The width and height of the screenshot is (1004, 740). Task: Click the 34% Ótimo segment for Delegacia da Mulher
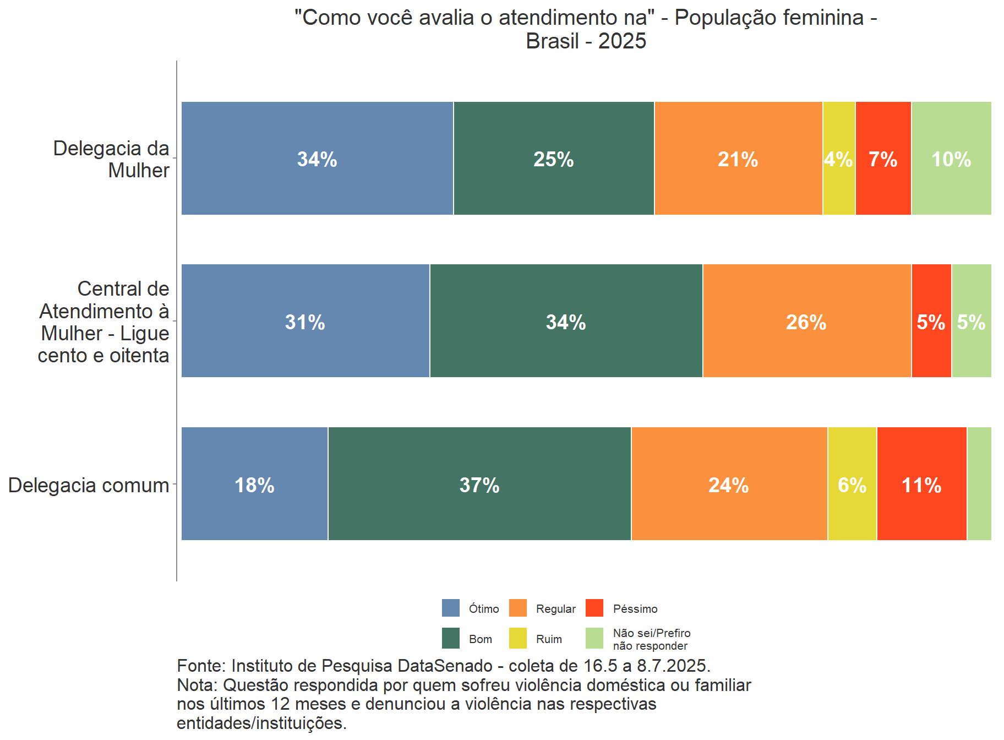pos(317,159)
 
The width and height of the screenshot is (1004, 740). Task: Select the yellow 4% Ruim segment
pos(839,159)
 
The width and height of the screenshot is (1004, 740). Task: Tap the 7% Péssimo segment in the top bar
pos(883,159)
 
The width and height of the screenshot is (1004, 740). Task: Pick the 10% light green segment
pos(951,159)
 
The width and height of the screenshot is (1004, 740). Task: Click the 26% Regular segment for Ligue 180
pos(806,321)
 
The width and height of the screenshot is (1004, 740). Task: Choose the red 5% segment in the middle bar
pos(931,321)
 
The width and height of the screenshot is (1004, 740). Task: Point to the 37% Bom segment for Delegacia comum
pos(479,484)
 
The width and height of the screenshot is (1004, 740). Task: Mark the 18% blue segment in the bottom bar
pos(254,484)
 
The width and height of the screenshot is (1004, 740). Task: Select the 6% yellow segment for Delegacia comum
pos(852,484)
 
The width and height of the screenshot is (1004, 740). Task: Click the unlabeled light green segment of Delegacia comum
pos(979,484)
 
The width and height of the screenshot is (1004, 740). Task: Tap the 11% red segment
pos(921,484)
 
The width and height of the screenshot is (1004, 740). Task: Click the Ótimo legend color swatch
pos(450,608)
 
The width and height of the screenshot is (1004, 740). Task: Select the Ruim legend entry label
pos(549,639)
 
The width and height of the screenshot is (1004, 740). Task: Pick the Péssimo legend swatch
pos(594,608)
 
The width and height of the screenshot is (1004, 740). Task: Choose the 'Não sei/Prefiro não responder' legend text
pos(651,639)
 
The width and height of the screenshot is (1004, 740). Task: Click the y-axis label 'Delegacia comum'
pos(89,485)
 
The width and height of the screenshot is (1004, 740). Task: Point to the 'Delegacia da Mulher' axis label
pos(111,159)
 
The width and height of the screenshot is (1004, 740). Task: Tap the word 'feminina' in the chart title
pos(824,18)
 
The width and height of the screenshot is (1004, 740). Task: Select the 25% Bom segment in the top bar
pos(554,159)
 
